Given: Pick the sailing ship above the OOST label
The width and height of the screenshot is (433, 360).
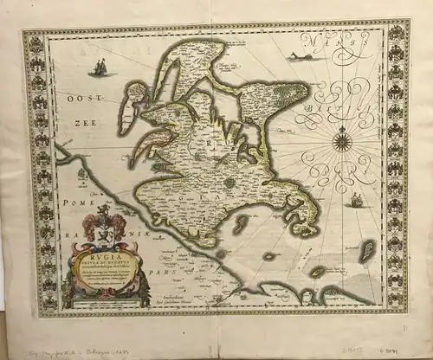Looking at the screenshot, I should [x=100, y=67].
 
